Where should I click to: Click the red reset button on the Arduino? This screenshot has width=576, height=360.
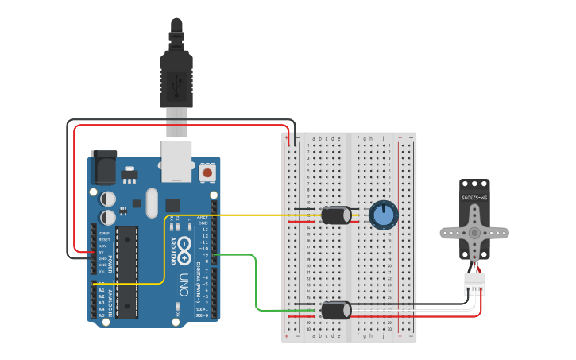[207, 172]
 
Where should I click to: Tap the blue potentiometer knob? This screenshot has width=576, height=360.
[383, 215]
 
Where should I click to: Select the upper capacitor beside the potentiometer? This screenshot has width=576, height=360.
[336, 215]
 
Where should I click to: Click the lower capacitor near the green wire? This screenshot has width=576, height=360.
[336, 309]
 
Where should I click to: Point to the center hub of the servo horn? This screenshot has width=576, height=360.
[474, 233]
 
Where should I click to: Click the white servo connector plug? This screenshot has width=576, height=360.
[474, 282]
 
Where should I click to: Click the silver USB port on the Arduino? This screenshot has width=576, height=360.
[176, 157]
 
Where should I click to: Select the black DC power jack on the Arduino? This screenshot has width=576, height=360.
[104, 164]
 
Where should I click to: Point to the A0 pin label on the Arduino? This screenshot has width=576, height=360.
[101, 284]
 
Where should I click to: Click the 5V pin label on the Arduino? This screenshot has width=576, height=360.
[102, 253]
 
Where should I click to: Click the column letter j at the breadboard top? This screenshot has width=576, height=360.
[383, 138]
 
